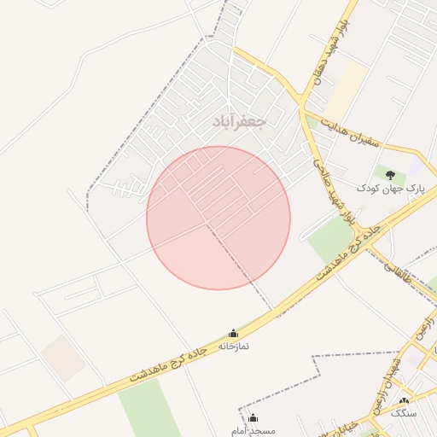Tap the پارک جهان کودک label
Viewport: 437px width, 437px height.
(389, 187)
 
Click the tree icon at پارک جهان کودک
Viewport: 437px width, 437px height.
(390, 175)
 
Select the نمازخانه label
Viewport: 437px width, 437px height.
(233, 346)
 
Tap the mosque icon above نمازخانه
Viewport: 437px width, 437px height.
(233, 333)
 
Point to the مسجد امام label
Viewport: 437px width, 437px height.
(253, 431)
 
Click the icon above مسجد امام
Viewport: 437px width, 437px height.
(253, 418)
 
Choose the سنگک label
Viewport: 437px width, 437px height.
(405, 413)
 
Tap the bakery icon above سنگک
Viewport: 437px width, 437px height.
(405, 400)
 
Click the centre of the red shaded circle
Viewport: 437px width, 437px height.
(218, 218)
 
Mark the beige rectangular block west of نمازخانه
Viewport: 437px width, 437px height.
(62, 358)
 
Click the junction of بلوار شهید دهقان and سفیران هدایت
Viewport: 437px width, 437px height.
(301, 105)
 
